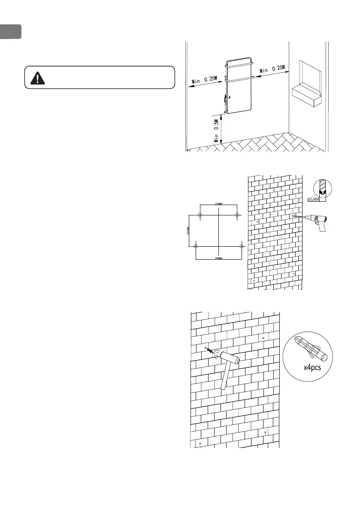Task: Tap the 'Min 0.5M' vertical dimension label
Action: pos(217,131)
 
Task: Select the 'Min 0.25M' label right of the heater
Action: pos(272,69)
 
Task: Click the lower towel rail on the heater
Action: pos(240,79)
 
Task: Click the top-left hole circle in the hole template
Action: pos(200,215)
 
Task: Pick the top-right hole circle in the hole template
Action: pos(237,215)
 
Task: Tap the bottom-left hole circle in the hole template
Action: pos(196,246)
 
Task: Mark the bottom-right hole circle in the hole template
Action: pos(242,246)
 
